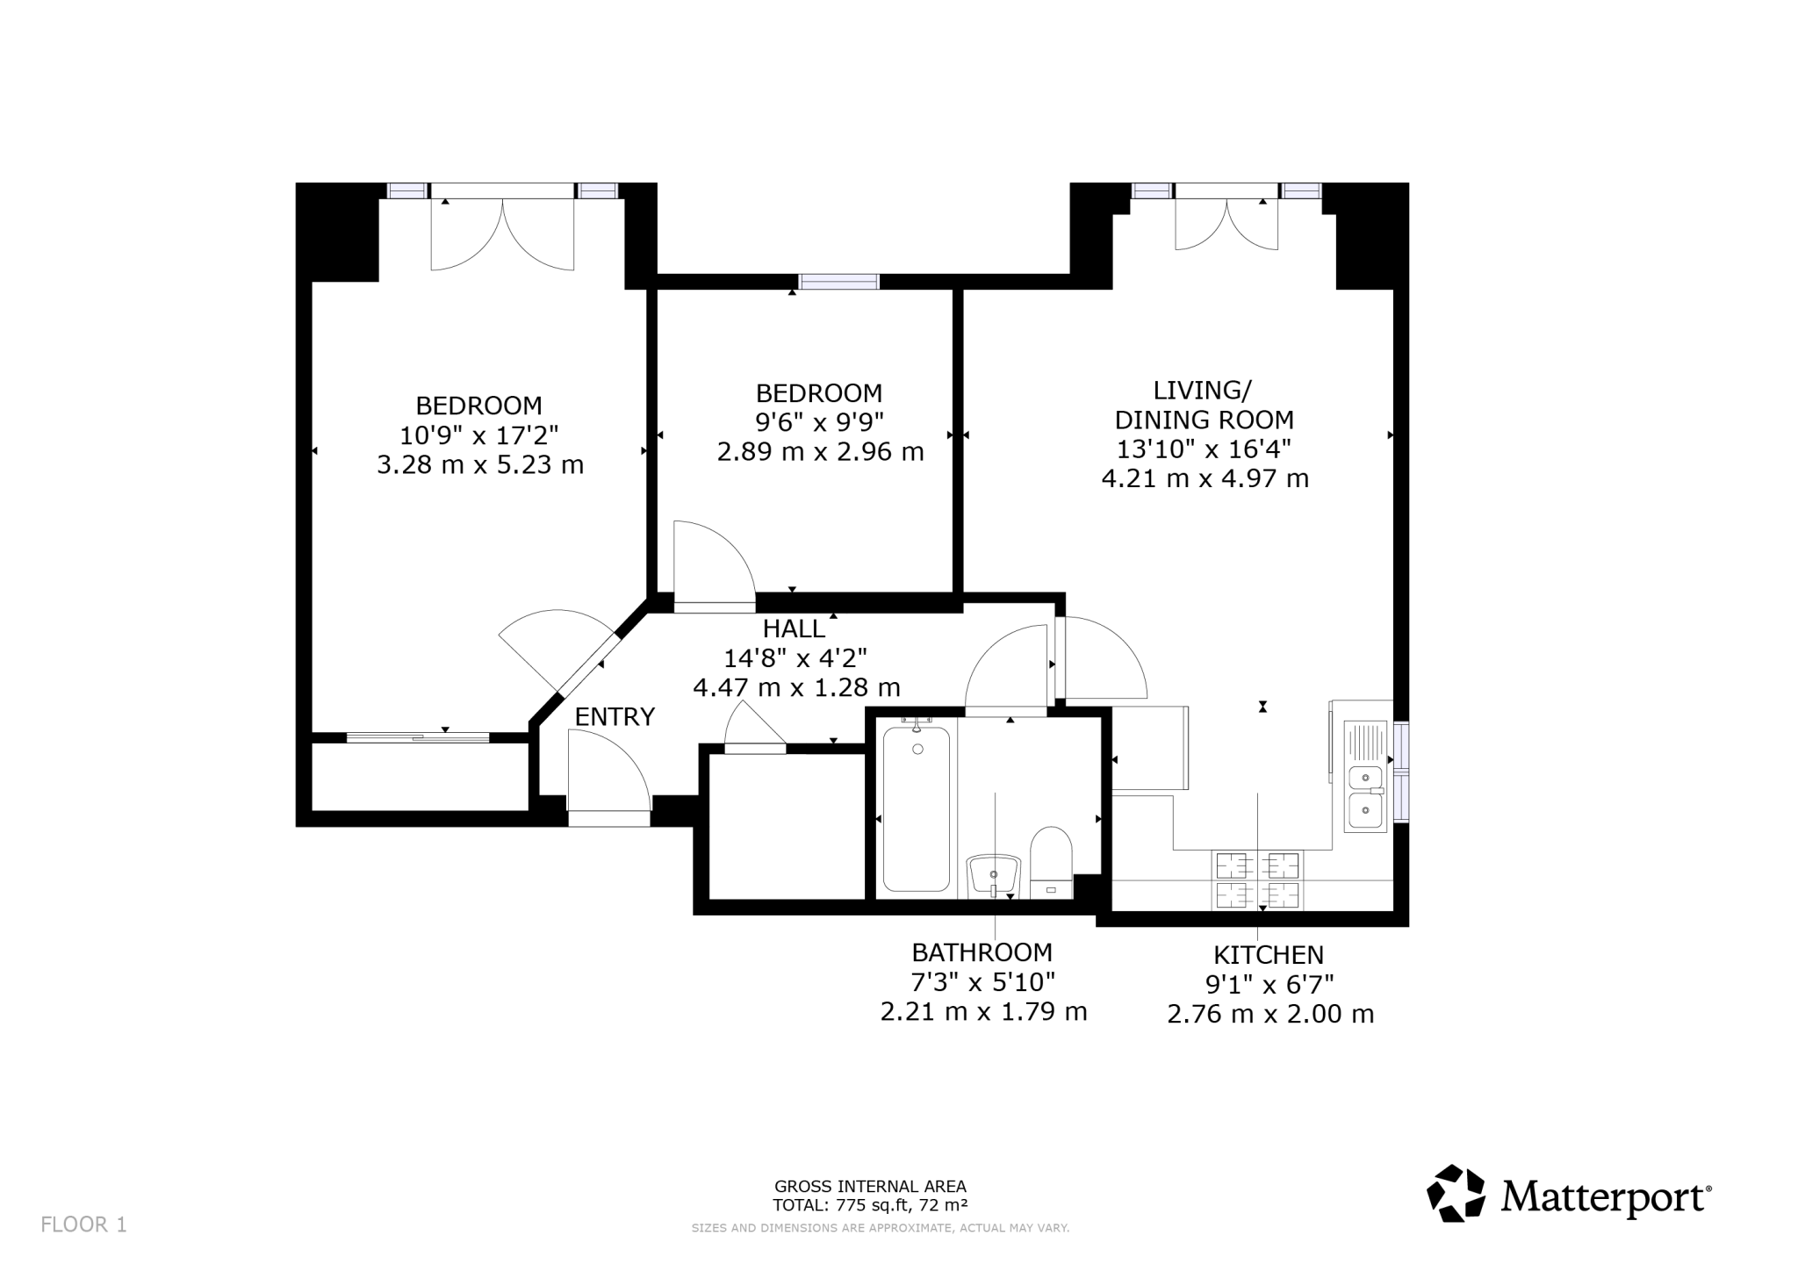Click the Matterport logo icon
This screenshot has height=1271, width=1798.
[1456, 1193]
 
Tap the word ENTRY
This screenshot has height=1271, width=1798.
[615, 717]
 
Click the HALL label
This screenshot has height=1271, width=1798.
[794, 628]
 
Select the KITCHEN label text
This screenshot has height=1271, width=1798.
[1269, 954]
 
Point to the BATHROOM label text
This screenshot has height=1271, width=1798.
[982, 952]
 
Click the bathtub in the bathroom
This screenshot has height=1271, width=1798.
[917, 808]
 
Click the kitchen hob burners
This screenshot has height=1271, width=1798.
[1257, 880]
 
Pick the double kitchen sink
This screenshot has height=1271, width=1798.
[1365, 799]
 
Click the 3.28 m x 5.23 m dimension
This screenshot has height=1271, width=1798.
[480, 464]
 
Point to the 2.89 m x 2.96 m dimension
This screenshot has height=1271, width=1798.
[820, 452]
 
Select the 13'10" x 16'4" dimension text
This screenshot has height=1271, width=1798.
[1204, 449]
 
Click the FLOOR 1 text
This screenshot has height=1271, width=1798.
[84, 1224]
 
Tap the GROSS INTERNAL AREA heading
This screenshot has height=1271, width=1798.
[870, 1187]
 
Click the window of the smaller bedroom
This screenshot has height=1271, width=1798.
[838, 282]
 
